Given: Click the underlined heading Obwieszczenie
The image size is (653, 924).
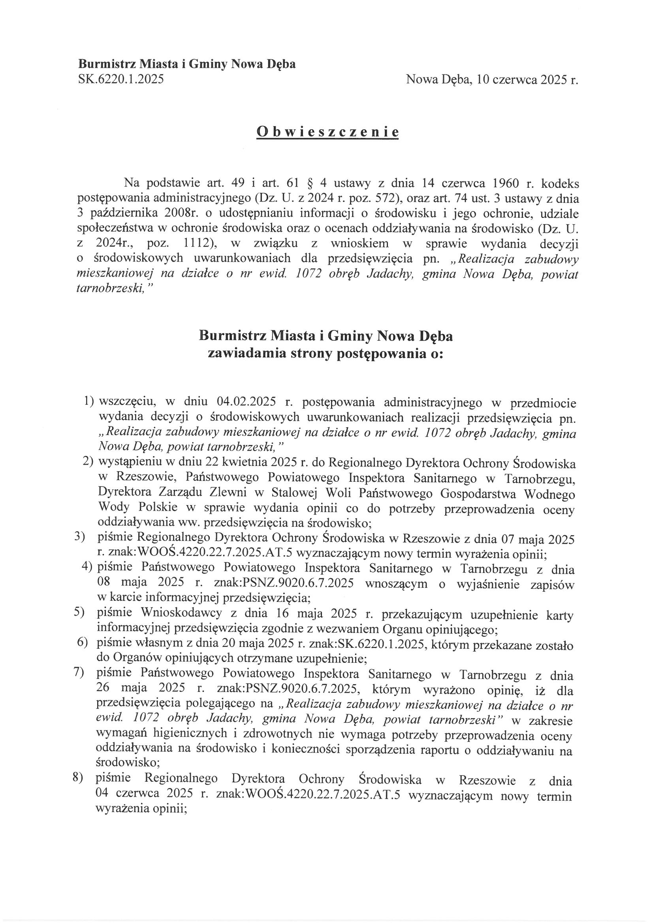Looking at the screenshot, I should coord(327,132).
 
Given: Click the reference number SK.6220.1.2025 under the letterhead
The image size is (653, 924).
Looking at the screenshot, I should coord(121,79).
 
